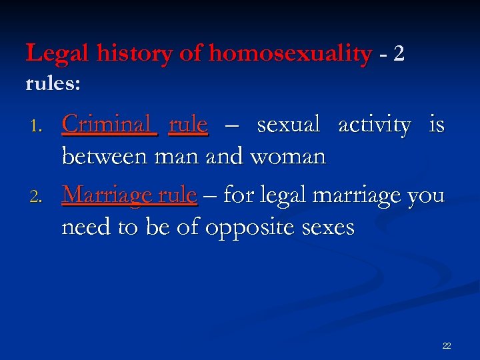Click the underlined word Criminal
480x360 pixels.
(109, 125)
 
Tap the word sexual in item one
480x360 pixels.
(289, 125)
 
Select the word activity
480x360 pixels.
(374, 125)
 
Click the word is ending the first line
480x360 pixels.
(437, 125)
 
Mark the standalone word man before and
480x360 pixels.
(177, 157)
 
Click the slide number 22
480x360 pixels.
(446, 345)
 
